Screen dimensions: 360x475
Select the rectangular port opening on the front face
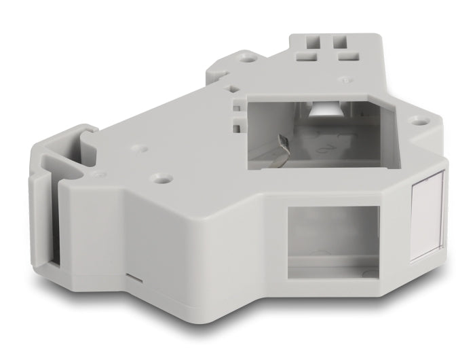pos(332,241)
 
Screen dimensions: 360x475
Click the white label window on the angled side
pos(427,216)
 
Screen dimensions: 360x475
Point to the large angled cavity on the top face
pos(319,132)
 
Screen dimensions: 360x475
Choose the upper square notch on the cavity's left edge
pos(237,107)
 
